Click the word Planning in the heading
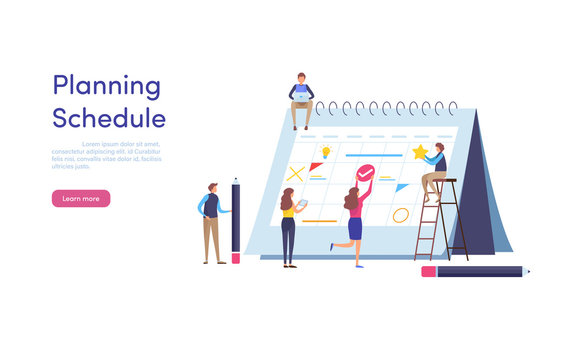(x=106, y=87)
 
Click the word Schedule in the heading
(x=109, y=119)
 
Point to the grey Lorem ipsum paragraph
(x=105, y=155)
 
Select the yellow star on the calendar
(x=421, y=152)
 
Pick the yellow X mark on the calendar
(x=296, y=173)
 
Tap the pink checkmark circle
(x=365, y=173)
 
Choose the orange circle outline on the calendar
(x=401, y=214)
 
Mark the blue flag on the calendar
(x=401, y=187)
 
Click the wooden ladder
(x=442, y=222)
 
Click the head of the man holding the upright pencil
(x=212, y=188)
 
